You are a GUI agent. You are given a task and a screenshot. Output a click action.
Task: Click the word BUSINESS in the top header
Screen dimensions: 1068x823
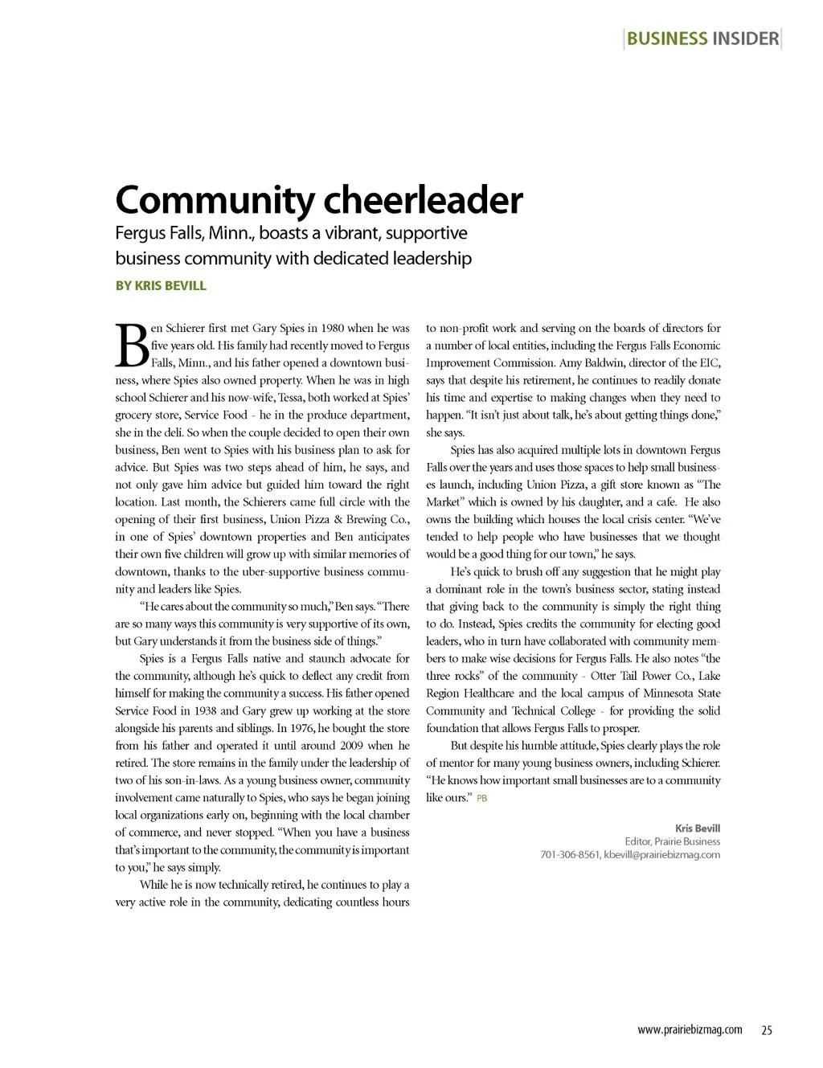tap(666, 39)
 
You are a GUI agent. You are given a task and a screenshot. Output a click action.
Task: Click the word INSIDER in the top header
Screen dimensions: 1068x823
tap(745, 39)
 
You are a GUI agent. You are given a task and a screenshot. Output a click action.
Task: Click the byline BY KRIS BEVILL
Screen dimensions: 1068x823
tap(161, 285)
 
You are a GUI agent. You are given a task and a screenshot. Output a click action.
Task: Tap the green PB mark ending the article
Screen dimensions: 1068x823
tap(482, 799)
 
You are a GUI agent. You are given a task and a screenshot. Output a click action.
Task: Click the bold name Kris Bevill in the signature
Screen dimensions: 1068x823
tap(698, 828)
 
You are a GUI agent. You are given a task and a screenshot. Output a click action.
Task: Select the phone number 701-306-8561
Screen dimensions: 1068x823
tap(570, 854)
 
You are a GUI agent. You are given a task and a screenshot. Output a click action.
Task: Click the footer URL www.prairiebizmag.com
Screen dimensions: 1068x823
tap(690, 1030)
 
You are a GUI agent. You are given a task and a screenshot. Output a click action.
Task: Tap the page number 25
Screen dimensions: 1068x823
tap(767, 1030)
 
